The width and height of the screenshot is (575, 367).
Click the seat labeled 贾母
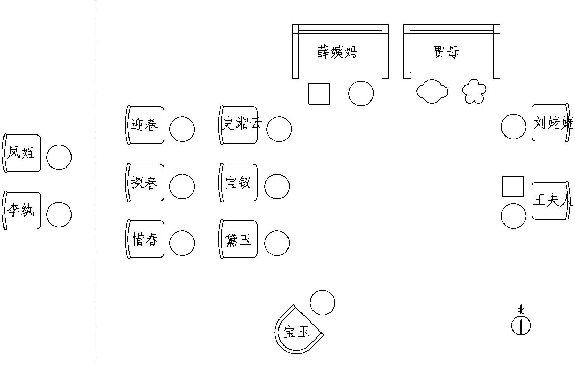451,52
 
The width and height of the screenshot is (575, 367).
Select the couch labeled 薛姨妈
340,52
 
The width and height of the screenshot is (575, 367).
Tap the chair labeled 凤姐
22,153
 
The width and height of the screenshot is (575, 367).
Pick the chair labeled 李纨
22,211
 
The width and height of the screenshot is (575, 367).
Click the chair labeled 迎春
145,125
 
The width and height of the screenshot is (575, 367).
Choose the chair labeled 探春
145,182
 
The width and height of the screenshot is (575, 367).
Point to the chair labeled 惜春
145,239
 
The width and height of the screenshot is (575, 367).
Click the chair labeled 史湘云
239,125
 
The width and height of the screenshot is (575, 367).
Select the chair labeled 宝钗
239,182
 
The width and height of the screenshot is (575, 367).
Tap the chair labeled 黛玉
239,239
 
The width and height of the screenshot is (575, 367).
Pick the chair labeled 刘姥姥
550,123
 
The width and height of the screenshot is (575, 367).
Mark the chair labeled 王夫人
550,201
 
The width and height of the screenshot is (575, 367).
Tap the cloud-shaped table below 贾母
432,91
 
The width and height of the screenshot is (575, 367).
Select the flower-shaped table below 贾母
474,91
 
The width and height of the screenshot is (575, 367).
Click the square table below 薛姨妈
319,93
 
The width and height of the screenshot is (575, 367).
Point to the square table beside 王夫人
513,186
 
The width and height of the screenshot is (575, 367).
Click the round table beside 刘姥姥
514,127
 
